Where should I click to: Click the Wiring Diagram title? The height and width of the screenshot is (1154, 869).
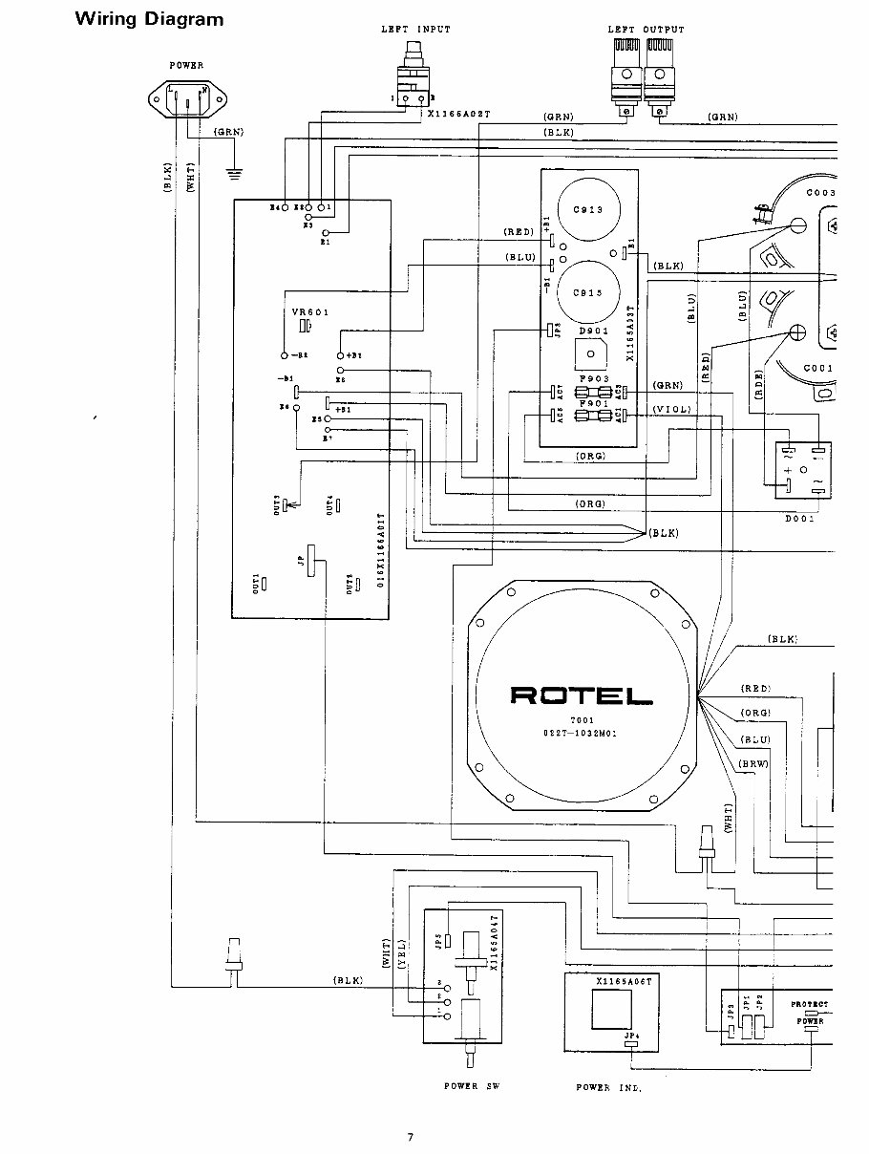[149, 19]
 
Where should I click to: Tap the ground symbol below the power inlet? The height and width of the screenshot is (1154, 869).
[231, 173]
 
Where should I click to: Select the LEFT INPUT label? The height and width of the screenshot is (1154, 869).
[415, 30]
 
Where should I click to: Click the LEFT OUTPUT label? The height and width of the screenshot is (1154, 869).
[646, 30]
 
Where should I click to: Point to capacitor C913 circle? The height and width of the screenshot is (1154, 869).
[588, 210]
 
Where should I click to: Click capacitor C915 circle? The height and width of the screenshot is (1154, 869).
[588, 293]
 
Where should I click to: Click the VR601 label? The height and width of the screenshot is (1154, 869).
[309, 311]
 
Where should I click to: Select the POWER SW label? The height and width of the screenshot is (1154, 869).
[471, 1086]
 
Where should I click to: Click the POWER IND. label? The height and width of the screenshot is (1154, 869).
[608, 1088]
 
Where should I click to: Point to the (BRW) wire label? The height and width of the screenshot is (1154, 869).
[753, 762]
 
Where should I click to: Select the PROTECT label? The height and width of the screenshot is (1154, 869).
[809, 1004]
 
